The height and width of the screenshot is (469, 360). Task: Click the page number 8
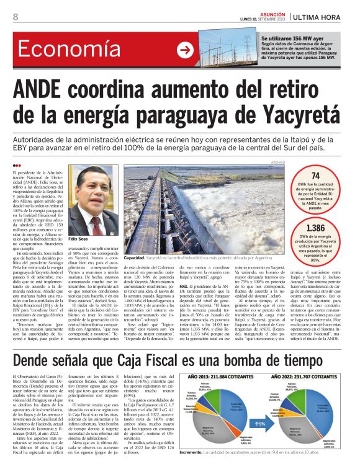(x=14, y=16)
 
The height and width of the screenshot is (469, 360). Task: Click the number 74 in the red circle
(x=315, y=176)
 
